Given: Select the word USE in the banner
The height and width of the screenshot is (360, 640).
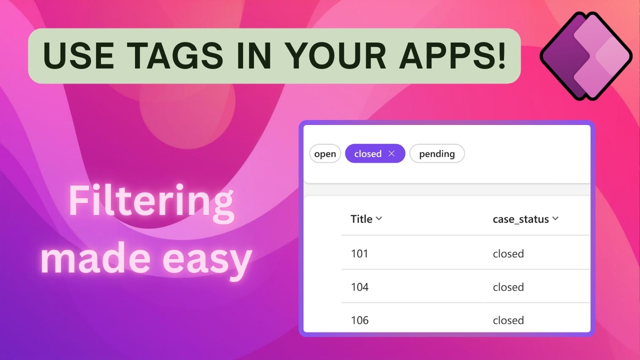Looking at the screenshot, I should (x=78, y=56).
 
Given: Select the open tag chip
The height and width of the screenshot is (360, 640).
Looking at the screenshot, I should (x=325, y=154).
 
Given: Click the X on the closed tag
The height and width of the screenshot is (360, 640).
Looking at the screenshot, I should (x=391, y=153).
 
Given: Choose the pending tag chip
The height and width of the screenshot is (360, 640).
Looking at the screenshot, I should (x=436, y=154).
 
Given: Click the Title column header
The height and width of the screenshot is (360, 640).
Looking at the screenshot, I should (x=361, y=219).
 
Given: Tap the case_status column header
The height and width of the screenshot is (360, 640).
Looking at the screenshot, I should (x=520, y=219).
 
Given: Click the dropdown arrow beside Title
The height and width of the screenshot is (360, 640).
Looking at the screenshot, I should (x=378, y=218).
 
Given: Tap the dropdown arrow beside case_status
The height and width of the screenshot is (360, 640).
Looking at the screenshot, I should (x=555, y=218).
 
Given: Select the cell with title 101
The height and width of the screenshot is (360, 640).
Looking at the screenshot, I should (x=359, y=253).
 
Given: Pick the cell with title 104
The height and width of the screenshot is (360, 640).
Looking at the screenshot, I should (x=359, y=287).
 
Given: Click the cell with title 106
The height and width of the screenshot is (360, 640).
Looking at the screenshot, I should (x=359, y=320).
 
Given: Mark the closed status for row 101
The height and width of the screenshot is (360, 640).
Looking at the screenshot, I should (x=508, y=253).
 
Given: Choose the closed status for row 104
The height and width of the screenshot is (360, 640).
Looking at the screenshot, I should (x=508, y=287).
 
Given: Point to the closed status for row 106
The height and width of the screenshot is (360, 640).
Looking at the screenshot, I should (x=508, y=320).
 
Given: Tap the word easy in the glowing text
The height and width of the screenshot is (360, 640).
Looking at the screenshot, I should (x=207, y=258).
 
